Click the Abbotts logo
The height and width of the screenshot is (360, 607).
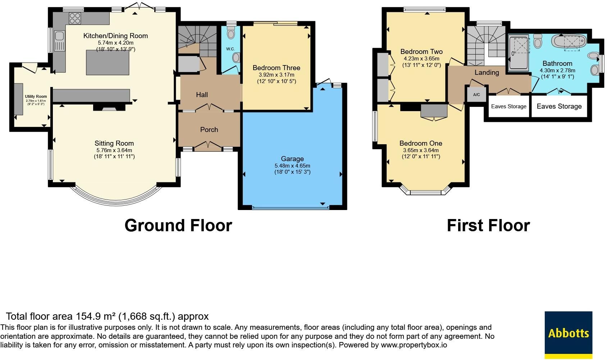pos(568,335)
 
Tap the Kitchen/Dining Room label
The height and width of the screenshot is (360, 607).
pos(115,36)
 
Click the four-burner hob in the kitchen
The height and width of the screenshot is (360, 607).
pos(75,18)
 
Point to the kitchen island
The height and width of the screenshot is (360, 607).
pos(108,62)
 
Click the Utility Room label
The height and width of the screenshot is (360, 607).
pos(36,96)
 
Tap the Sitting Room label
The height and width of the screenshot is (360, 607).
pos(114,143)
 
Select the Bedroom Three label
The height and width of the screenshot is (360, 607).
pos(277,68)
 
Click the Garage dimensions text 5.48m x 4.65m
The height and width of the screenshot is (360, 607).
pos(292,166)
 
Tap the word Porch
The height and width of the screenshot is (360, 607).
pos(209,129)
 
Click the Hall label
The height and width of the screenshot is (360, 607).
pos(202,95)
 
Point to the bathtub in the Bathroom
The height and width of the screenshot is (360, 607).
pos(569,42)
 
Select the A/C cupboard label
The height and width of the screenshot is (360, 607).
pos(476,95)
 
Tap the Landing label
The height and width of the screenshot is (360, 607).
pos(487,72)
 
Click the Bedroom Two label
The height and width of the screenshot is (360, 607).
pos(421,51)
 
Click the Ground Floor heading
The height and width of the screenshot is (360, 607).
pos(178,225)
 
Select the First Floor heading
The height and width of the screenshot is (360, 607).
pos(488,225)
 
